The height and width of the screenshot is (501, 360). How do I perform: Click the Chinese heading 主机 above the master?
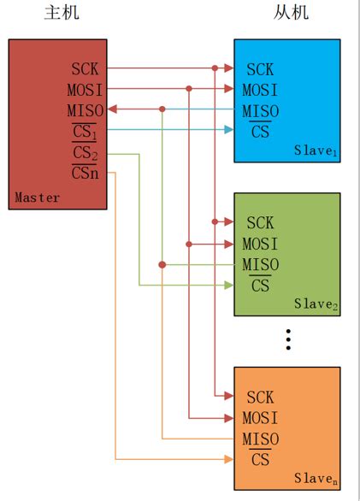(58, 13)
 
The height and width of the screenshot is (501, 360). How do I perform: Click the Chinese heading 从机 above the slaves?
(291, 13)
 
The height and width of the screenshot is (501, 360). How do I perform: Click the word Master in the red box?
(38, 198)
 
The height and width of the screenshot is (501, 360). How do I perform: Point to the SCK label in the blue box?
(260, 69)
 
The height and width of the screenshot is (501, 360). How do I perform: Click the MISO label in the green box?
(260, 265)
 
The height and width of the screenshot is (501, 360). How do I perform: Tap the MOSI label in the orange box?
(260, 418)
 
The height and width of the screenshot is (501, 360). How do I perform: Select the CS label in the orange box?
(260, 460)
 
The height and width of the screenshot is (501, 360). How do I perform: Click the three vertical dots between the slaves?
(288, 339)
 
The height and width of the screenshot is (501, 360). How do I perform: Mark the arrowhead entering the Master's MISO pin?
(111, 109)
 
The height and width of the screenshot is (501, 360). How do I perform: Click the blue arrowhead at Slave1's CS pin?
(229, 130)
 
